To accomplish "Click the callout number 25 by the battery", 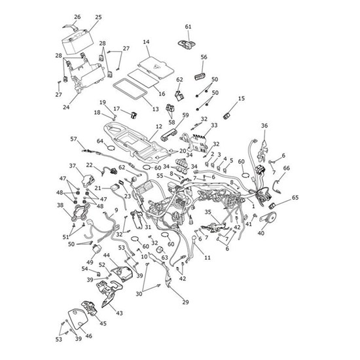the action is coord(98,17).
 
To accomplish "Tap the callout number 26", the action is coord(77,17).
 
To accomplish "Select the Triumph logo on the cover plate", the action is coord(156,67).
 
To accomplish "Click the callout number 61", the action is coord(188,27).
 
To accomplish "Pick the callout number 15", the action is coord(242,98).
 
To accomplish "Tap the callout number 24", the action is coord(66,107).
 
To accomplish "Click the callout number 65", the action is coord(295,198).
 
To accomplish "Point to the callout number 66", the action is coord(286,168).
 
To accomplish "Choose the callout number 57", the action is coord(73,139).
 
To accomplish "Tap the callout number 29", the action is coord(185,302).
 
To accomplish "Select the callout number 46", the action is coord(88,336).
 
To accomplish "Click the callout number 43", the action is coord(119,313).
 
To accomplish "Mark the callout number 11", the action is coord(207,258).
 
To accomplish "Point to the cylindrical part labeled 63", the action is coord(160,249).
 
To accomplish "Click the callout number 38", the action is coord(60,205).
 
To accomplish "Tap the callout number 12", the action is coord(159,126).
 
